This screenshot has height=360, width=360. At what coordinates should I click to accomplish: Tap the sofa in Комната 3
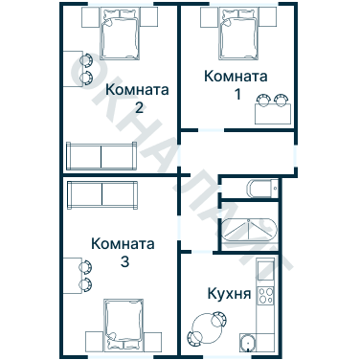click(103, 194)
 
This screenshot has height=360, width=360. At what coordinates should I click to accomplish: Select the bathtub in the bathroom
click(247, 232)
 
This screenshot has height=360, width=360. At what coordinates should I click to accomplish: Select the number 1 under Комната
click(237, 94)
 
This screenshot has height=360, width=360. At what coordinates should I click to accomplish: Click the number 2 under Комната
click(139, 107)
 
